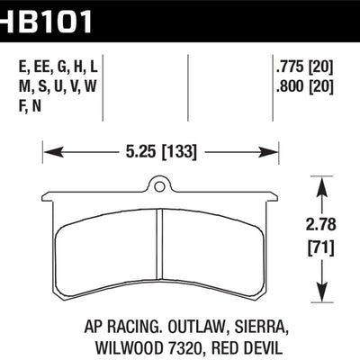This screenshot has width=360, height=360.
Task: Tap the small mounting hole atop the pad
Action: coord(159,188)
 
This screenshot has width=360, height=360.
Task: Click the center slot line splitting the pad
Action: coord(159,252)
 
